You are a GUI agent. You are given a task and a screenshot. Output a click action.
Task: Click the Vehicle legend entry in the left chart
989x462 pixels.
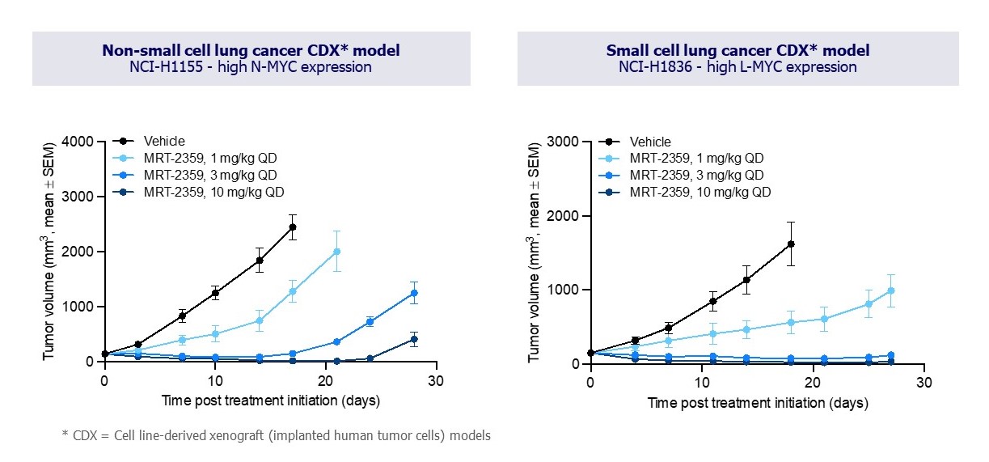(x=165, y=142)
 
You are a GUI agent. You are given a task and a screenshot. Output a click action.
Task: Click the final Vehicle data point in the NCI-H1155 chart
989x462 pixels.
(x=292, y=227)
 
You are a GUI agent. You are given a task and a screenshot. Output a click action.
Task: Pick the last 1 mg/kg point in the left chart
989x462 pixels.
(x=336, y=251)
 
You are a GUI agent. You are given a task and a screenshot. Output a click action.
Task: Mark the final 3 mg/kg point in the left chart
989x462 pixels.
(x=414, y=293)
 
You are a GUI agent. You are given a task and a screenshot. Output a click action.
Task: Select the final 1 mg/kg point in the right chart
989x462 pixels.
(x=891, y=290)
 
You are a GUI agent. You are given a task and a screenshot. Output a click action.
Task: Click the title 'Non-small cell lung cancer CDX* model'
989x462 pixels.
(x=251, y=51)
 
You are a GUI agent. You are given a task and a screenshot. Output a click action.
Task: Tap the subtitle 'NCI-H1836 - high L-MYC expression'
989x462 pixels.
(x=738, y=67)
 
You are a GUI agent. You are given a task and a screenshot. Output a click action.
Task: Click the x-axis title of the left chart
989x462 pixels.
(x=270, y=400)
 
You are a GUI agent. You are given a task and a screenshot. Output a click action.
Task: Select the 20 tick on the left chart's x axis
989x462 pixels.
(x=325, y=380)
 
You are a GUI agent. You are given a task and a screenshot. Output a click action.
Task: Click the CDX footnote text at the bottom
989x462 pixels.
(x=276, y=436)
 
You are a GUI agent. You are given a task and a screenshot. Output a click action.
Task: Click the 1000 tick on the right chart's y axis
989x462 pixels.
(x=567, y=290)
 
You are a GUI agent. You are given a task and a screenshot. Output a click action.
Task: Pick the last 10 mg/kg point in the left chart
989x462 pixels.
(x=414, y=340)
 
